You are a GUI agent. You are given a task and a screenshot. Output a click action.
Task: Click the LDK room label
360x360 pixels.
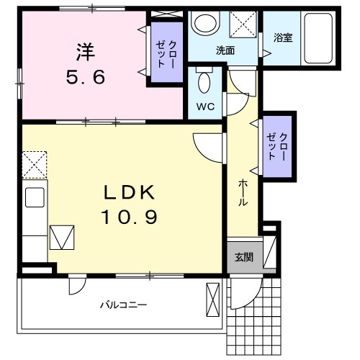(130, 192)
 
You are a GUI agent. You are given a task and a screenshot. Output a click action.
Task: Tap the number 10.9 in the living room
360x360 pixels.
(130, 215)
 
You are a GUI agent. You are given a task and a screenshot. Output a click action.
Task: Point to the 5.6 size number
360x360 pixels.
(85, 75)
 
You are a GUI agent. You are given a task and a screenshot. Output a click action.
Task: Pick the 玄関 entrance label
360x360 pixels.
(243, 257)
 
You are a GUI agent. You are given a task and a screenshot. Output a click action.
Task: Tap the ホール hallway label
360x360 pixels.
(243, 193)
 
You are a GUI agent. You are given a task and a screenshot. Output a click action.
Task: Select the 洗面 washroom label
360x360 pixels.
(225, 50)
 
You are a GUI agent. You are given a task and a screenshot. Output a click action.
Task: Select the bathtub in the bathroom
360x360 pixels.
(315, 40)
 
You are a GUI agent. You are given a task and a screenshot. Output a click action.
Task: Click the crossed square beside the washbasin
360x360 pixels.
(243, 27)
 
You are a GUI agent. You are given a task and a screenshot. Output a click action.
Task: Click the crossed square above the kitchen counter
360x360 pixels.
(33, 165)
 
